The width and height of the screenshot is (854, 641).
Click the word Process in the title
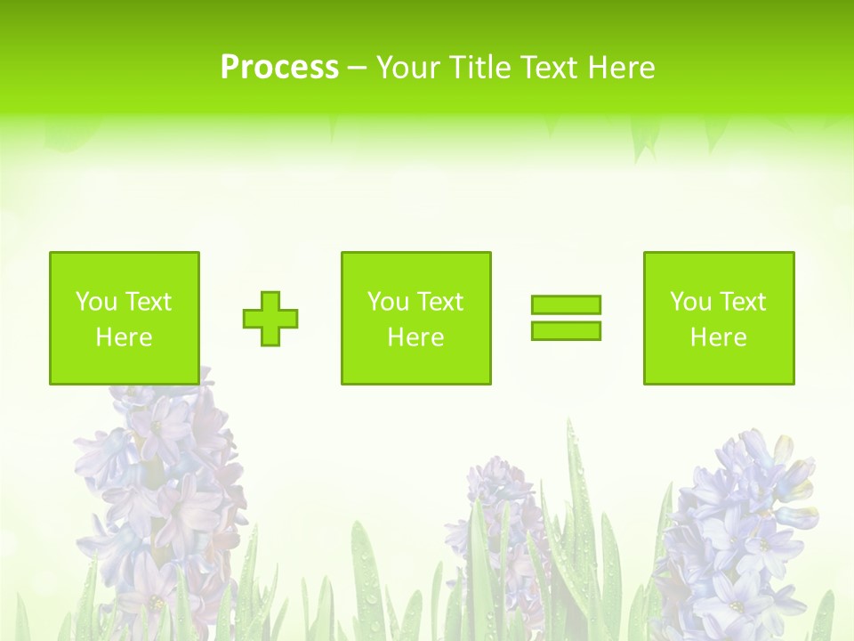[279, 68]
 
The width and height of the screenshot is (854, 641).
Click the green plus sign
[270, 319]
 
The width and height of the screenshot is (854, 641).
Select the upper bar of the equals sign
[566, 304]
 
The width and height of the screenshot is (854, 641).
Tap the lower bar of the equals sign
[566, 330]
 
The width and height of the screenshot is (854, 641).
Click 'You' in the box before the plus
[96, 302]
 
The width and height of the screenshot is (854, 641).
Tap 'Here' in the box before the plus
[124, 337]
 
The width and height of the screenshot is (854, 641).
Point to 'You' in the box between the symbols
[388, 302]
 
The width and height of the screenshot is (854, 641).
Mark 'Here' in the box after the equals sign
[718, 337]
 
